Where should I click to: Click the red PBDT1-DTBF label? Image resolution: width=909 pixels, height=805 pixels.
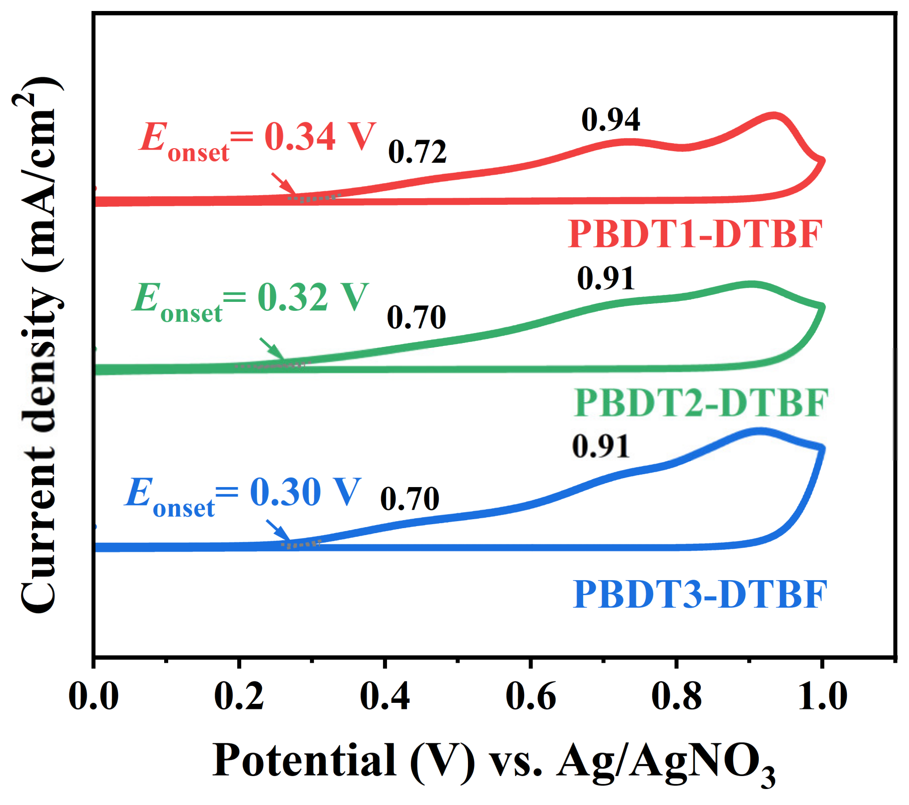(x=695, y=234)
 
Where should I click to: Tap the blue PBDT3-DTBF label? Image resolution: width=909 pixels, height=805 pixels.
(x=699, y=595)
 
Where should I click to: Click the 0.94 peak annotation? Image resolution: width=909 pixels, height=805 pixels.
(x=610, y=120)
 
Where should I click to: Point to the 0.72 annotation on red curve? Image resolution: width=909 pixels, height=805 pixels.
(x=417, y=152)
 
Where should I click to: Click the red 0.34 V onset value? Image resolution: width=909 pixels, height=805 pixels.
(x=319, y=136)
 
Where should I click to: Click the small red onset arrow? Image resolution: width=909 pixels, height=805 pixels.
(x=284, y=184)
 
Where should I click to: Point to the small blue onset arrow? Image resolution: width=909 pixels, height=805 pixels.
(x=278, y=531)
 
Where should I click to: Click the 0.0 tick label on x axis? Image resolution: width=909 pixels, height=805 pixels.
(x=94, y=696)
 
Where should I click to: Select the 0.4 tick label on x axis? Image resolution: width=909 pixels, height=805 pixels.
(x=384, y=696)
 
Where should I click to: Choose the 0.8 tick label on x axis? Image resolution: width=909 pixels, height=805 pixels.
(x=676, y=696)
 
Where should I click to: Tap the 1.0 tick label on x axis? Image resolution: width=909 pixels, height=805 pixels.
(x=822, y=696)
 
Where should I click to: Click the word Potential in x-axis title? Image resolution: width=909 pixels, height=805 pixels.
(x=304, y=760)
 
